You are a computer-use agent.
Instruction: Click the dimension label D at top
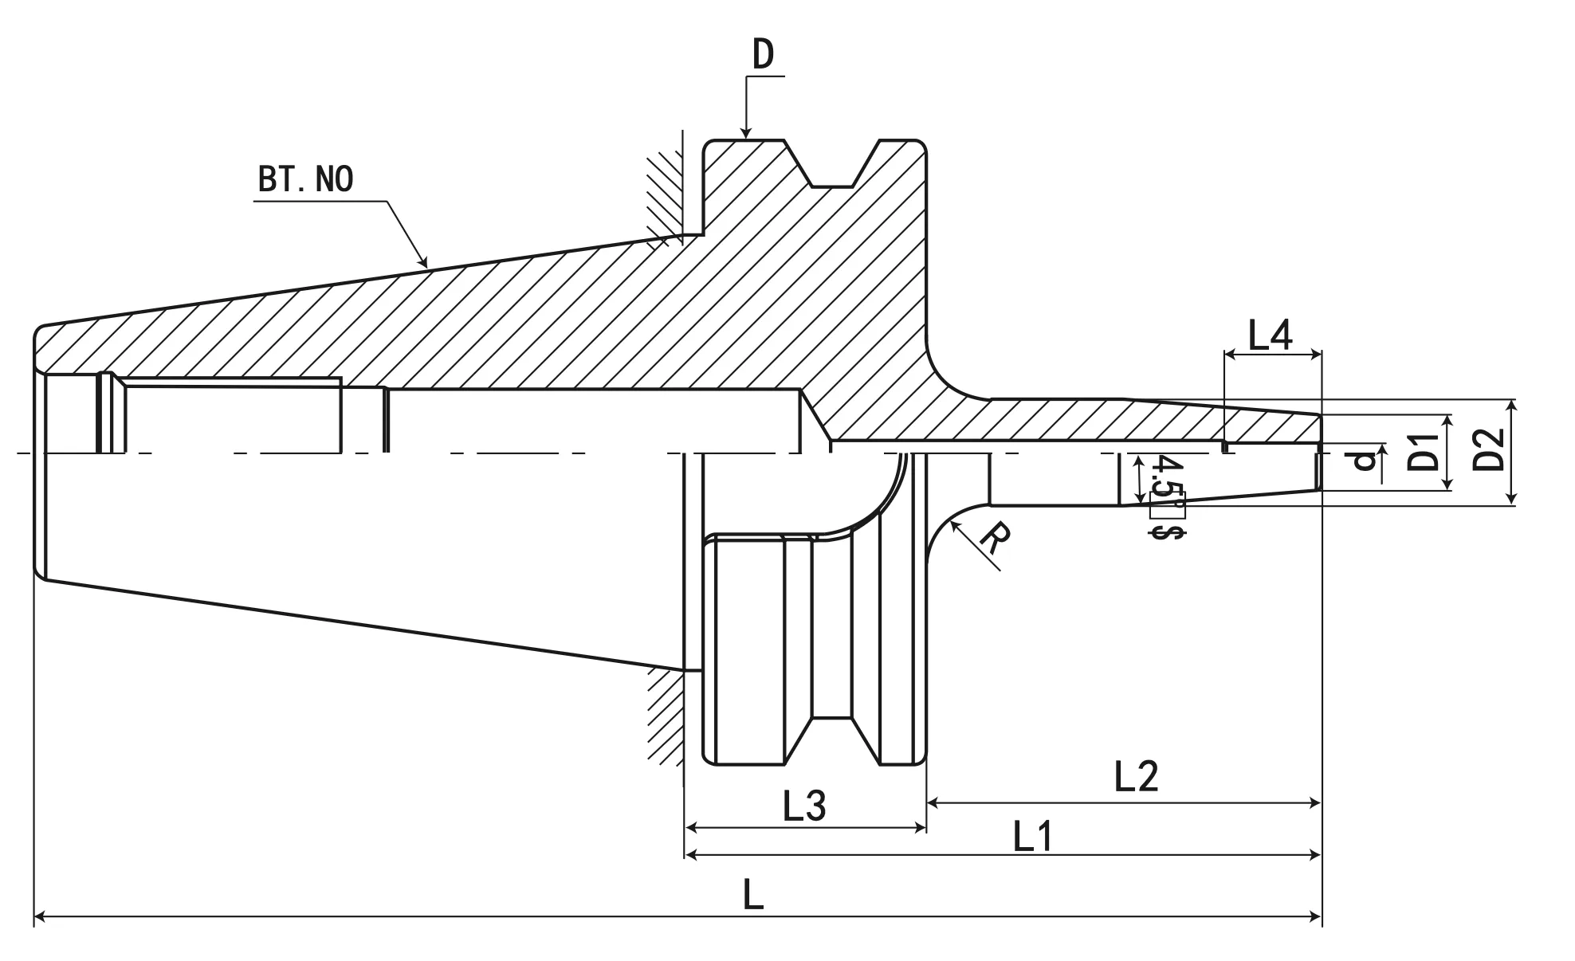pos(763,55)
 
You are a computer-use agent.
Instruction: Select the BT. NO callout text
pos(305,179)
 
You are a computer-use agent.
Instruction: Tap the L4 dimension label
pos(1269,335)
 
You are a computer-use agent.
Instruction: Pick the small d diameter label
pos(1365,461)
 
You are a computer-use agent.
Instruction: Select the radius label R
pos(993,539)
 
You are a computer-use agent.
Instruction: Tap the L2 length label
pos(1136,776)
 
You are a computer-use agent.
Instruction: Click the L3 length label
pos(804,806)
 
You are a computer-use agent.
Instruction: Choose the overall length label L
pos(753,896)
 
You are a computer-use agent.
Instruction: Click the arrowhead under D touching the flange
pos(745,134)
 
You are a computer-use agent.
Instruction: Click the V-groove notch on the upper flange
pos(832,171)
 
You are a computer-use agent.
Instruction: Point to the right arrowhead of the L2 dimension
pos(1316,803)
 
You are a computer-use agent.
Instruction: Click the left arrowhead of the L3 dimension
pos(690,829)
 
